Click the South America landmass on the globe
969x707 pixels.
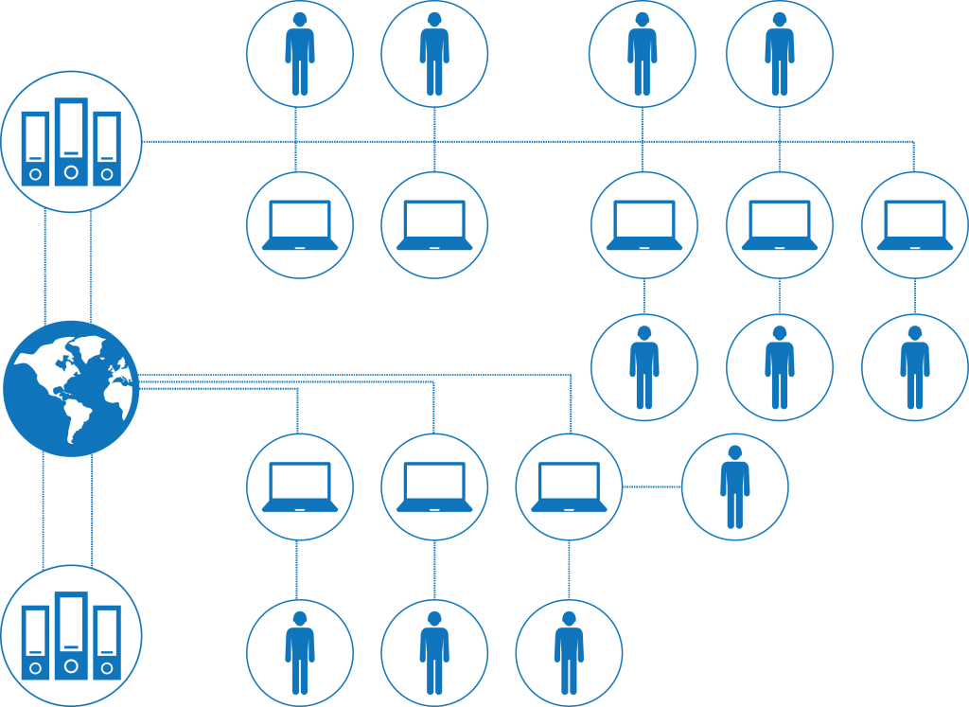click(76, 416)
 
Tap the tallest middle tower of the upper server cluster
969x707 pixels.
click(71, 142)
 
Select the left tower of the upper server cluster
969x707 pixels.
click(35, 150)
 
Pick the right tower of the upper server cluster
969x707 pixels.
click(107, 150)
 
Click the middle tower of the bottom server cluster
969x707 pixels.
click(71, 635)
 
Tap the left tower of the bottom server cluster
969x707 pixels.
click(35, 643)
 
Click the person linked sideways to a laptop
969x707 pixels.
click(734, 486)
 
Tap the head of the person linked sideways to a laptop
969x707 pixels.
click(734, 452)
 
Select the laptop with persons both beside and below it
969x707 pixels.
click(569, 486)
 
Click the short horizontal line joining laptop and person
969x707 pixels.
click(652, 486)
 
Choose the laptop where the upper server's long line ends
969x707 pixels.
click(914, 225)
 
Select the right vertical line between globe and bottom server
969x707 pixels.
click(92, 511)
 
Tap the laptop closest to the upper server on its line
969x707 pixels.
click(300, 225)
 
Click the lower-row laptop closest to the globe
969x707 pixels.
click(300, 486)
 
